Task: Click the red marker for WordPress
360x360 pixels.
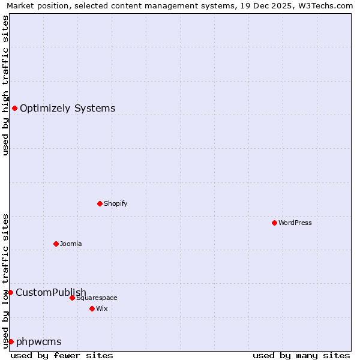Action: pos(274,223)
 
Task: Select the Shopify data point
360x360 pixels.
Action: pos(100,203)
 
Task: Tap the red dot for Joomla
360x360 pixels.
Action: pos(56,244)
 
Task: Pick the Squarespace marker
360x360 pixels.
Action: pos(72,298)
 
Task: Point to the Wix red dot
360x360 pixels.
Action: pos(92,308)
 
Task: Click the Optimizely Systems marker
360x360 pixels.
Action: pos(14,108)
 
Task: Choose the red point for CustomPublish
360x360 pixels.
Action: pos(10,292)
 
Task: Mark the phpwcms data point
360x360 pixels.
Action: pos(11,341)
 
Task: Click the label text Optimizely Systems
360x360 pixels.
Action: pos(67,109)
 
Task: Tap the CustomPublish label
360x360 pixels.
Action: pos(51,293)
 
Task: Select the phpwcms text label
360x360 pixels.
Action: pos(38,342)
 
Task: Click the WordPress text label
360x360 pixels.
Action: pos(295,223)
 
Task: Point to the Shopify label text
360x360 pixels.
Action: pos(115,204)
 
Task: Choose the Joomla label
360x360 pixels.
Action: pos(71,244)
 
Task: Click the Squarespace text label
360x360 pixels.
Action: pos(97,298)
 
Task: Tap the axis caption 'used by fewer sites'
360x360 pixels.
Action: pos(62,355)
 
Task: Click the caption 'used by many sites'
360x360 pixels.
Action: pos(301,355)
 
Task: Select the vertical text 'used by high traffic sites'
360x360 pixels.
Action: pos(5,85)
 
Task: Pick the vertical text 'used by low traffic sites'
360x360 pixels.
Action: pos(5,280)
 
